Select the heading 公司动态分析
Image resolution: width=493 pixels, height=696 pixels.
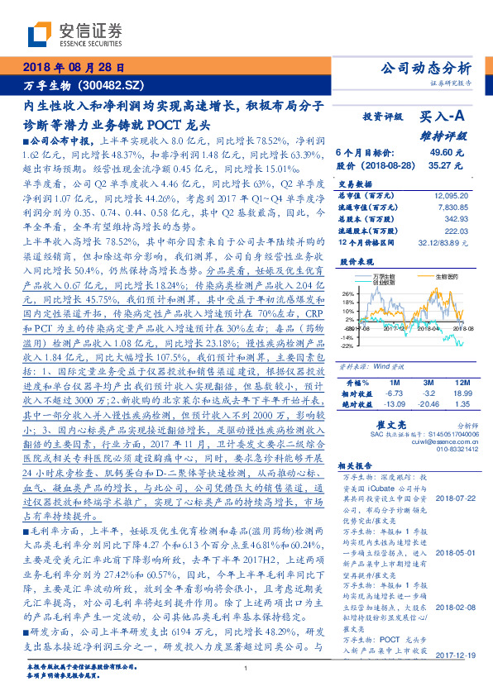[427, 68]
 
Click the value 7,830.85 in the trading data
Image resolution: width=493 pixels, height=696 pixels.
[446, 207]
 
